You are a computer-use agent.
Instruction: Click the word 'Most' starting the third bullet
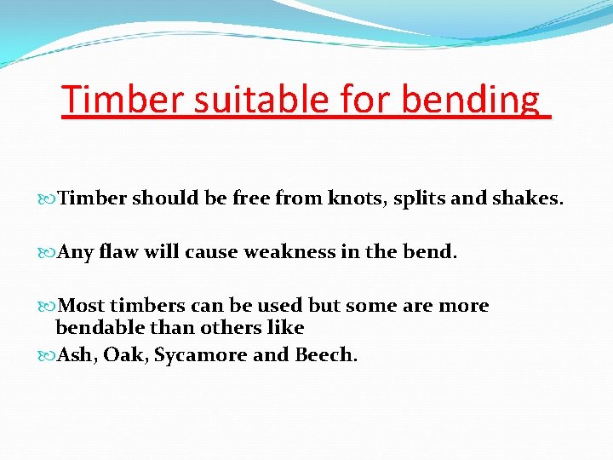coord(80,306)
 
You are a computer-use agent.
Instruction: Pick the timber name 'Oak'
coord(123,354)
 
